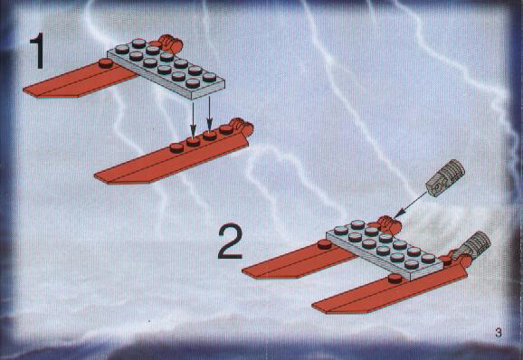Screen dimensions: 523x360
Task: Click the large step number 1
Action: [37, 51]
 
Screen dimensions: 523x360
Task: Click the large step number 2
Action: [230, 241]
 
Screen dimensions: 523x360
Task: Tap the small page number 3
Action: [499, 332]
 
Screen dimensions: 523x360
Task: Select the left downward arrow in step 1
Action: [193, 119]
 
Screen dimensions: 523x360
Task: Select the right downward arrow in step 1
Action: [209, 114]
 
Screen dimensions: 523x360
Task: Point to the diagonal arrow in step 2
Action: [411, 204]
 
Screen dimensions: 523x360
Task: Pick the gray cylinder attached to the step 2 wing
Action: [472, 246]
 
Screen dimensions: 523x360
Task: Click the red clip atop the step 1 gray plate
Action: [170, 43]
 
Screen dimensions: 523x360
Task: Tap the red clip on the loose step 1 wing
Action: [242, 127]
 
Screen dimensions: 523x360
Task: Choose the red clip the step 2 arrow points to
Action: [389, 224]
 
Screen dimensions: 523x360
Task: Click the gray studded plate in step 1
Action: [166, 69]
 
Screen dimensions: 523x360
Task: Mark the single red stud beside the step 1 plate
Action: [106, 63]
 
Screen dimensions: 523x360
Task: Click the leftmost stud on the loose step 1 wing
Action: [176, 147]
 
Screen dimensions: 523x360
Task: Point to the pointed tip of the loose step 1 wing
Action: [95, 177]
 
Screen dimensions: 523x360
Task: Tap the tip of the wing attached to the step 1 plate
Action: [24, 90]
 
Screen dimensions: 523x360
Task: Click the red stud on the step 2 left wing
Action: [325, 244]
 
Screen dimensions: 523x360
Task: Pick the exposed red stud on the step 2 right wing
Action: [395, 279]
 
